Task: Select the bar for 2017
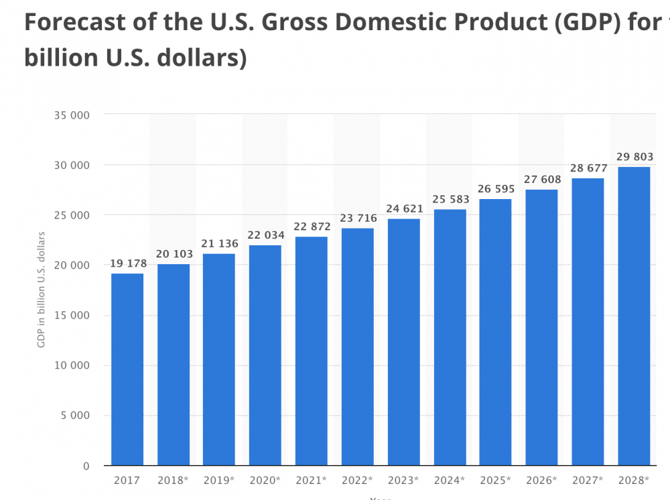coord(127,369)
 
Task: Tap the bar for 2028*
coord(634,316)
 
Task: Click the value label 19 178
coord(127,263)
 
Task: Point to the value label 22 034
coord(265,235)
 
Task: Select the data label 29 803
coord(634,158)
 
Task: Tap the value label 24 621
coord(404,208)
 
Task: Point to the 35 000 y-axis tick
coord(72,115)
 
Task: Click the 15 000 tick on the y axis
coord(72,315)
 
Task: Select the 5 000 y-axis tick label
coord(76,416)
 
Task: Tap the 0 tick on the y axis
coord(86,466)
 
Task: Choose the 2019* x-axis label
coord(219,481)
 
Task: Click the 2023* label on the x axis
coord(404,481)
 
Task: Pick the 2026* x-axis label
coord(541,481)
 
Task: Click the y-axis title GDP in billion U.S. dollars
coord(42,290)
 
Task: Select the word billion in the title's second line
coord(61,58)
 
